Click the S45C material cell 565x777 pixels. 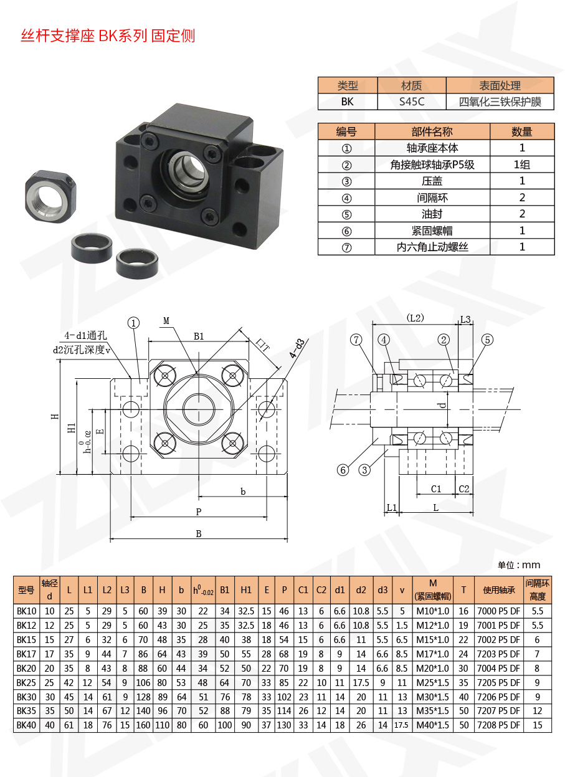pos(412,102)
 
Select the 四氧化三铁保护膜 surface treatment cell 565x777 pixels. pos(500,102)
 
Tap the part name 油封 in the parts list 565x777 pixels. pos(432,214)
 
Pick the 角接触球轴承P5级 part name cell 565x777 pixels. pos(432,165)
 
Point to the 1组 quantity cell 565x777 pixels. pos(522,165)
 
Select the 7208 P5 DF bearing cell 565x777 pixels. pos(498,725)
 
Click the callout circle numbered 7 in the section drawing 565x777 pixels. pos(356,340)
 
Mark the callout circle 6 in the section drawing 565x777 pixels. pos(343,470)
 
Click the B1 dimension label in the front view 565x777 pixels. pos(199,336)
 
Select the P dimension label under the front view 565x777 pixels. pos(199,512)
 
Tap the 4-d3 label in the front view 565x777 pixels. pos(298,348)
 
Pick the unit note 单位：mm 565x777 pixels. pos(519,565)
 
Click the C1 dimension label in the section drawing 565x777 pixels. pos(436,489)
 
